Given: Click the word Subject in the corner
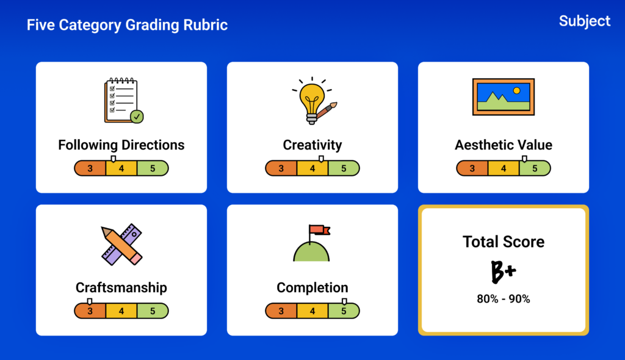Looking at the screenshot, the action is click(584, 21).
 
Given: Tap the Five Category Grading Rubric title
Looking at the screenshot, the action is click(127, 25).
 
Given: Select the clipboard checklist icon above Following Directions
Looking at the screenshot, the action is click(123, 101).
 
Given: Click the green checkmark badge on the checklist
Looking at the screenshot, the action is click(137, 117).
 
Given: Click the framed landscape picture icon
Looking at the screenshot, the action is click(504, 97).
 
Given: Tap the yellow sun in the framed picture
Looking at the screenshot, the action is click(516, 90).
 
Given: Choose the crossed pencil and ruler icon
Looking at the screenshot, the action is click(121, 245).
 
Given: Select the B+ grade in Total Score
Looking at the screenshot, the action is click(503, 272).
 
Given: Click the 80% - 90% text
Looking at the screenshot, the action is click(504, 299).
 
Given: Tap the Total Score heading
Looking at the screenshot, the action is click(504, 242).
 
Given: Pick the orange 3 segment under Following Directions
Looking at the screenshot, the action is click(90, 168).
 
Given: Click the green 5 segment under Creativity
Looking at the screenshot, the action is click(344, 168).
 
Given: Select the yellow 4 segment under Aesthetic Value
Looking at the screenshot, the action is click(504, 168).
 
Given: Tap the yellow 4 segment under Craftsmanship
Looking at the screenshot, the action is click(121, 311).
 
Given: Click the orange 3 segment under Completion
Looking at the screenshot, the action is click(281, 311).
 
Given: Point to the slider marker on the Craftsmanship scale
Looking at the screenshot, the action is click(90, 301).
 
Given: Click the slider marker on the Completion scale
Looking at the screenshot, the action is click(344, 301).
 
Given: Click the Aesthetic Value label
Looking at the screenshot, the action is click(504, 145).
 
